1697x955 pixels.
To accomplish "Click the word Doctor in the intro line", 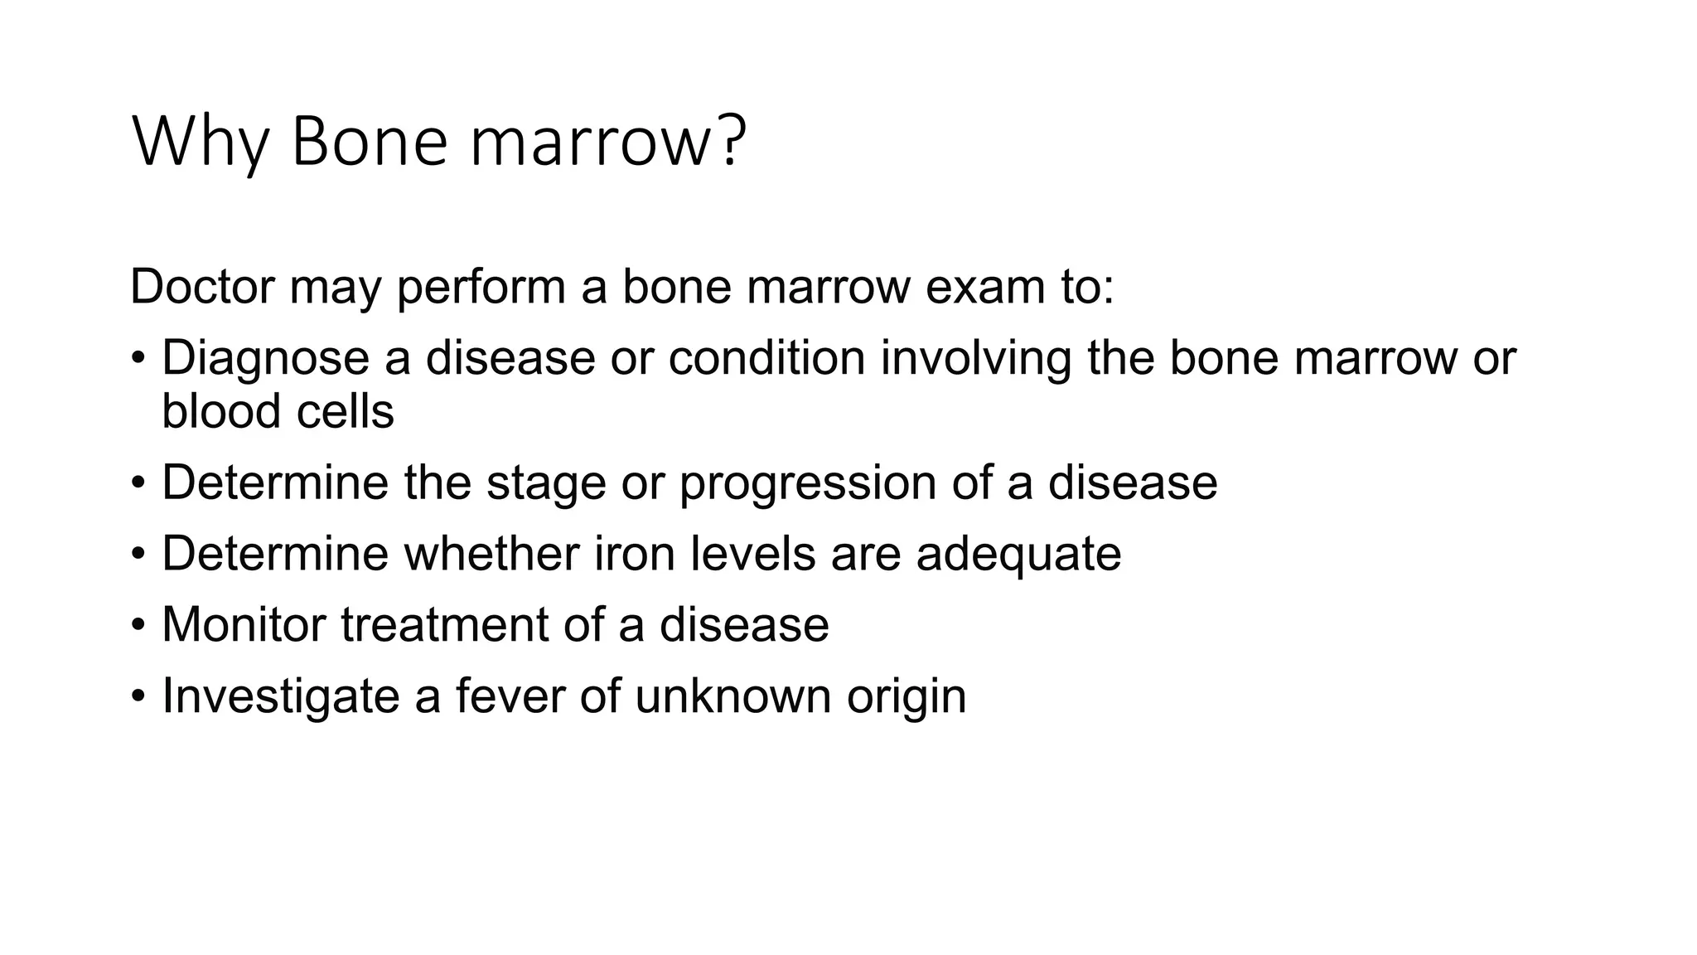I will pos(202,287).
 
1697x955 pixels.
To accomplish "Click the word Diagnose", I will pos(265,358).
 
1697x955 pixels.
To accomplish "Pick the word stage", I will pos(546,482).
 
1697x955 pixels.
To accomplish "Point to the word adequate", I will pos(1018,554).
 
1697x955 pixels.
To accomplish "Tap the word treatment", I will pos(444,624).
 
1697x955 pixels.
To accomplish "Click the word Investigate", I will pos(280,696).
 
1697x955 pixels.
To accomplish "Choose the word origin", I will pos(907,696).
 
